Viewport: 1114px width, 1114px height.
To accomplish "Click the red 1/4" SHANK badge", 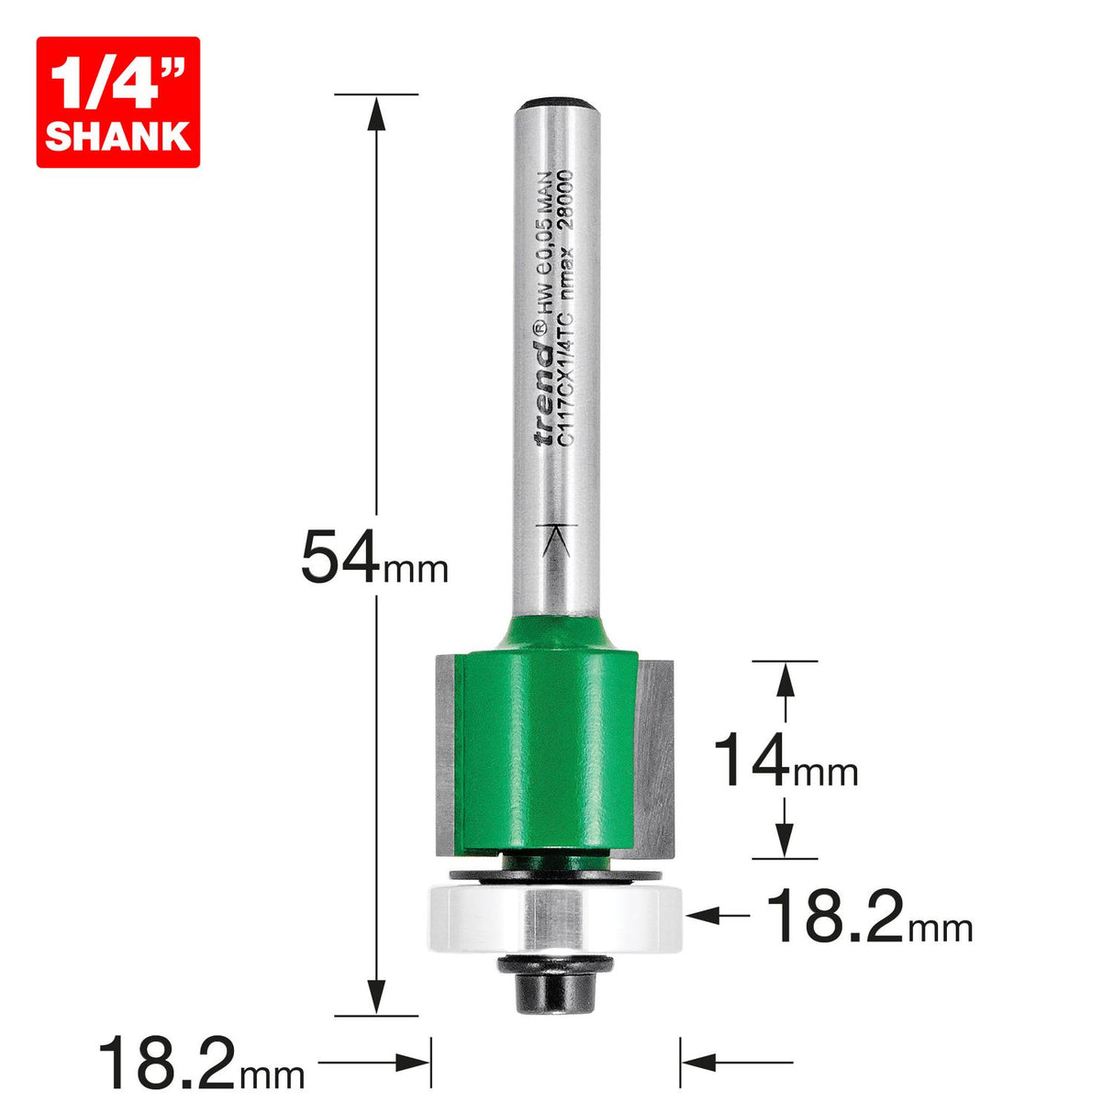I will (117, 102).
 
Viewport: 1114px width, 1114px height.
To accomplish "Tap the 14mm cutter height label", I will (785, 763).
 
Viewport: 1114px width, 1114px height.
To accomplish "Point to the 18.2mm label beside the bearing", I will (868, 917).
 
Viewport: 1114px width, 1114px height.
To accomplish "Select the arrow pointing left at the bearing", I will (707, 915).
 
